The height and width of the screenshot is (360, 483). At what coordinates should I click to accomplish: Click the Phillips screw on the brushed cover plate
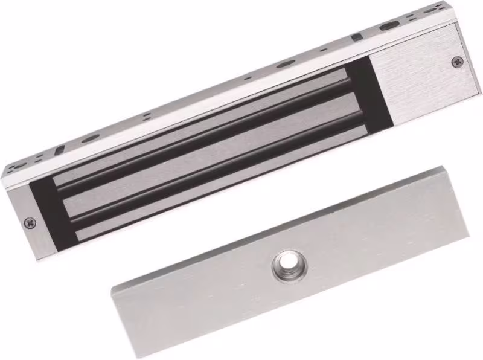(x=457, y=61)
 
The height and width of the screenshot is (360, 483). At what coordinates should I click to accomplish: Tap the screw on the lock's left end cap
(x=30, y=223)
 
